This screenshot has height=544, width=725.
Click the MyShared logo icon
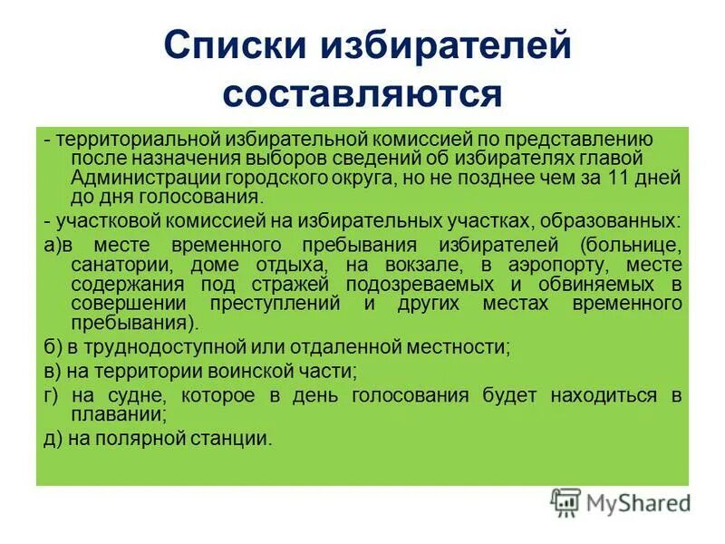[566, 501]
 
